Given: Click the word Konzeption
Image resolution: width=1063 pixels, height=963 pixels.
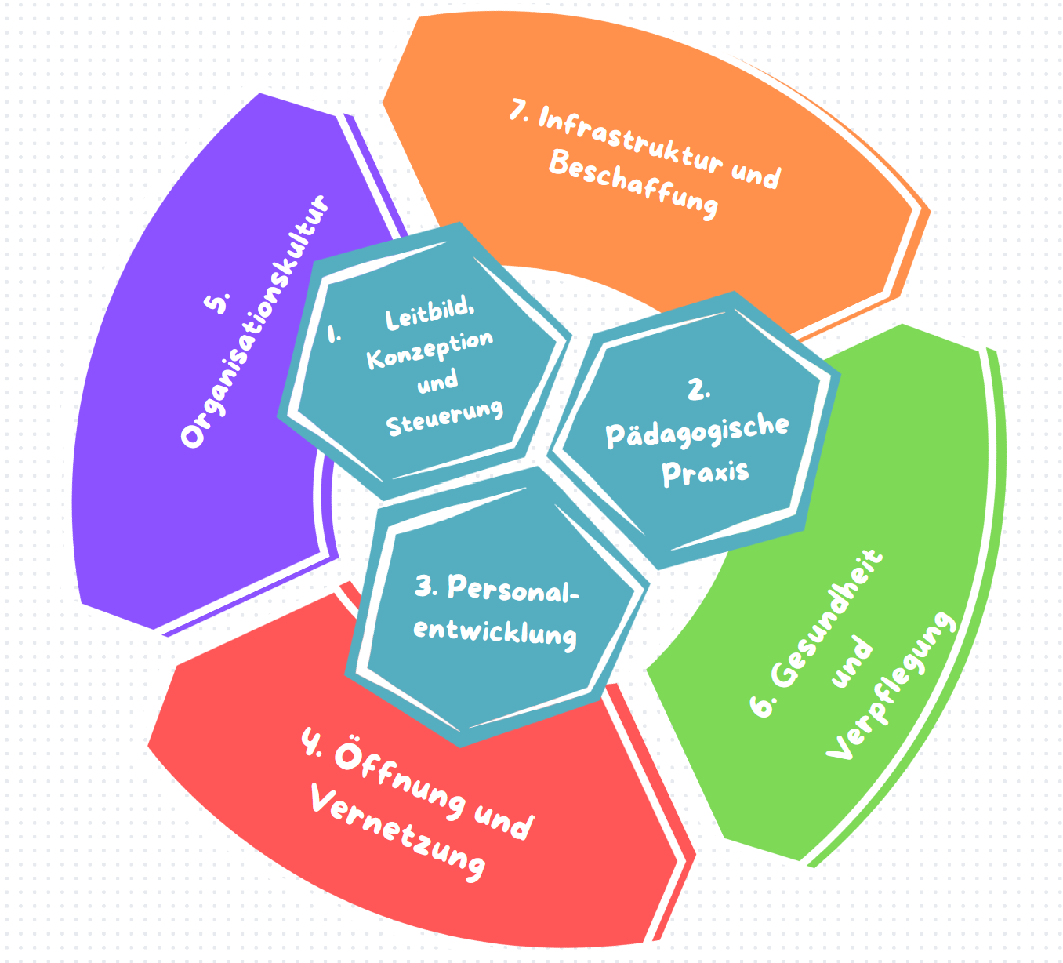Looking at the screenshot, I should (x=430, y=349).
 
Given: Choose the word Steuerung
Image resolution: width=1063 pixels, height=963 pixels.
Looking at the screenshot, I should (x=444, y=417).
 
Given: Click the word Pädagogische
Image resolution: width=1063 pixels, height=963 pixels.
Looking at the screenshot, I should (x=697, y=430).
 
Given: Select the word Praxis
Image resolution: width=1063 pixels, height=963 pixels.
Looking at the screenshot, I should (x=706, y=472).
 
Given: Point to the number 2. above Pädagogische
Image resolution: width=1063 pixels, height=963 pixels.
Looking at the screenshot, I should (x=698, y=389).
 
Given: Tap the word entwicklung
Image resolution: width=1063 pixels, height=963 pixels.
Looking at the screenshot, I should (x=495, y=632).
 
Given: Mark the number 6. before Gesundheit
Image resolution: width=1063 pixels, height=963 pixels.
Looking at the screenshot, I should (x=761, y=702).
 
